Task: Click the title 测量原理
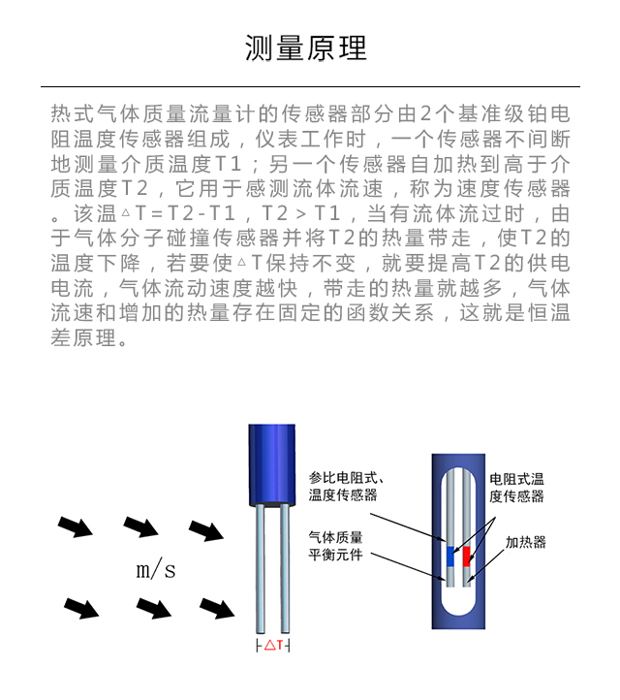[306, 48]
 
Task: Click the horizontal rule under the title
[310, 86]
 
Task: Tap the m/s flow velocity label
[156, 570]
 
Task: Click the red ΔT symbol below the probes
[273, 645]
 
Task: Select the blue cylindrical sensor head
[271, 465]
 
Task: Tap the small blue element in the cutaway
[450, 557]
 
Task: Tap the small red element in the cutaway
[467, 557]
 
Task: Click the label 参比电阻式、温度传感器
[346, 486]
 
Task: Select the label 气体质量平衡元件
[335, 546]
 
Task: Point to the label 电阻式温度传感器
[516, 488]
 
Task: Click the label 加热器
[525, 542]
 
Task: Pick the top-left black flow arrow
[76, 526]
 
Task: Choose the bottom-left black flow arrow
[81, 609]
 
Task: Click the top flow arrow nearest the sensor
[206, 530]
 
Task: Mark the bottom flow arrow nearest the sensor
[217, 609]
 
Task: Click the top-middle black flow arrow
[140, 526]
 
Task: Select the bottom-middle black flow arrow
[154, 609]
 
